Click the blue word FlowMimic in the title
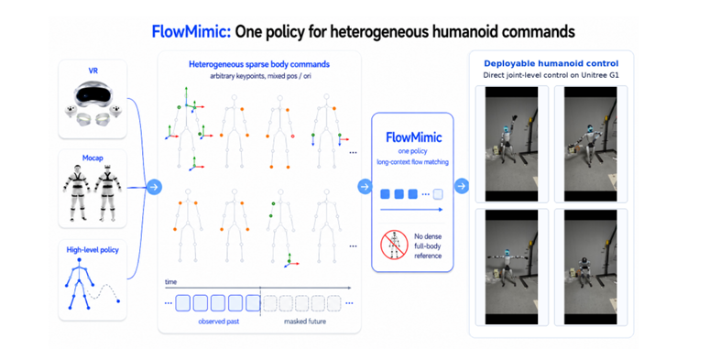click(x=191, y=32)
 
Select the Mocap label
click(x=93, y=158)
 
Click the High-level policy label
click(x=93, y=249)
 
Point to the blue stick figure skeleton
click(x=79, y=284)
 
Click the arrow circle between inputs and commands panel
click(x=154, y=187)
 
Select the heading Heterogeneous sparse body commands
click(x=259, y=64)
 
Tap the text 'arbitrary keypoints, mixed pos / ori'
click(x=260, y=76)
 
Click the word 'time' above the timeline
click(x=170, y=281)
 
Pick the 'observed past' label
click(x=219, y=322)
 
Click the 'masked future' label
click(x=305, y=322)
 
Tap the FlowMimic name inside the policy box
click(x=413, y=137)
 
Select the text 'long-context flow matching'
click(x=412, y=161)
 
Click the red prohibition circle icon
click(x=394, y=245)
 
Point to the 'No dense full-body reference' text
click(x=428, y=245)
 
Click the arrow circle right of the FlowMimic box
click(x=462, y=186)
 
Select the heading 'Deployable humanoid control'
click(x=552, y=63)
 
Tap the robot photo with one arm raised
click(x=512, y=144)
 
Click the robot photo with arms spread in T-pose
click(x=512, y=267)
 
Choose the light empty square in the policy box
click(x=437, y=194)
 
